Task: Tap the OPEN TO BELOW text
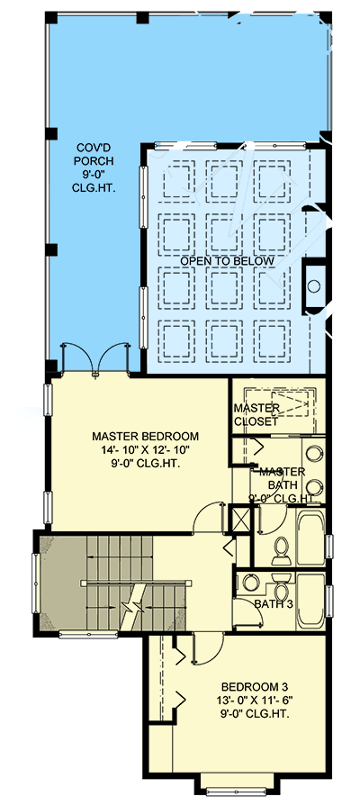click(x=227, y=261)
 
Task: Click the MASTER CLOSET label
click(x=257, y=414)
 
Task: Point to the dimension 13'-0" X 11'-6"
click(x=243, y=698)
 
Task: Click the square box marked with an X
click(x=240, y=520)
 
